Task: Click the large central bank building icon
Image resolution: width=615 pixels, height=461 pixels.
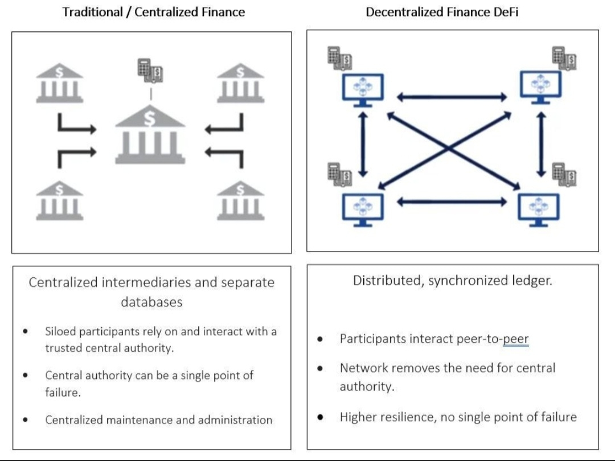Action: [150, 134]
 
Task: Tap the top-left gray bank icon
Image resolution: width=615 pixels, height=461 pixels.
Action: [60, 83]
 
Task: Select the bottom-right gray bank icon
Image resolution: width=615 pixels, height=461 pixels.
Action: [240, 201]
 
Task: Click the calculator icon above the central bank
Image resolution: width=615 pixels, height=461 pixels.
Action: [150, 71]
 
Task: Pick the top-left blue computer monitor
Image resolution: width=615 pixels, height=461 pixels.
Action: [363, 90]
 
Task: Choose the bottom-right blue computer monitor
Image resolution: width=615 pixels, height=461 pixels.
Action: [539, 209]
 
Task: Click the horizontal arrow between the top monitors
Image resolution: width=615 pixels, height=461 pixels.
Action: [452, 97]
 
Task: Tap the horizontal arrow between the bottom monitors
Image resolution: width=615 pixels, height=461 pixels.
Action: [452, 202]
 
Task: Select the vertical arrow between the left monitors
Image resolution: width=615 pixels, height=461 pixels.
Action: [363, 144]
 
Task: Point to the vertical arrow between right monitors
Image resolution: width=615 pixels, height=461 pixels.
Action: [542, 144]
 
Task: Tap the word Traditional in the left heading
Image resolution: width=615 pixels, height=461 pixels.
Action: [93, 12]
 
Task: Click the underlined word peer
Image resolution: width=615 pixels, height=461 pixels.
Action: [516, 339]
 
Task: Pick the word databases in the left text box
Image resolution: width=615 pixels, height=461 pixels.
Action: [151, 302]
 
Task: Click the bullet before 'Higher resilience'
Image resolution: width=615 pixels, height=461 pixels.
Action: [320, 417]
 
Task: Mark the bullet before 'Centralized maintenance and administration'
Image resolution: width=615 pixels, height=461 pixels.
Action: [26, 420]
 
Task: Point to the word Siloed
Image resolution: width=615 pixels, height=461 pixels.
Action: [60, 332]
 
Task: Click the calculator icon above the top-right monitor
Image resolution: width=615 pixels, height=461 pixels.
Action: [564, 58]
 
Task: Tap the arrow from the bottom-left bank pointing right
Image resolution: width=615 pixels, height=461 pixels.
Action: [77, 158]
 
